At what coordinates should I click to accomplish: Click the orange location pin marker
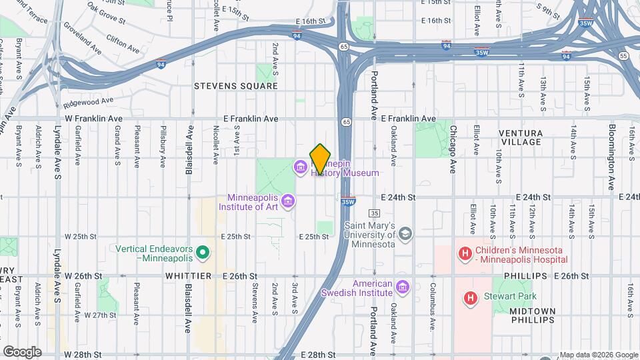(x=320, y=159)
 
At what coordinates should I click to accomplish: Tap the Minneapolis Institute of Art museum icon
(x=288, y=200)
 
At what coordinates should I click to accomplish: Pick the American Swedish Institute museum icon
(x=401, y=287)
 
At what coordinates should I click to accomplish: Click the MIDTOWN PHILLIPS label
(x=532, y=315)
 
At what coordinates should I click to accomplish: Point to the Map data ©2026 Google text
(x=598, y=355)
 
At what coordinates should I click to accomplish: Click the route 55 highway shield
(x=623, y=57)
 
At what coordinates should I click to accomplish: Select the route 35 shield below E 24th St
(x=375, y=213)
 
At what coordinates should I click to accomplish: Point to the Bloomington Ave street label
(x=611, y=157)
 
